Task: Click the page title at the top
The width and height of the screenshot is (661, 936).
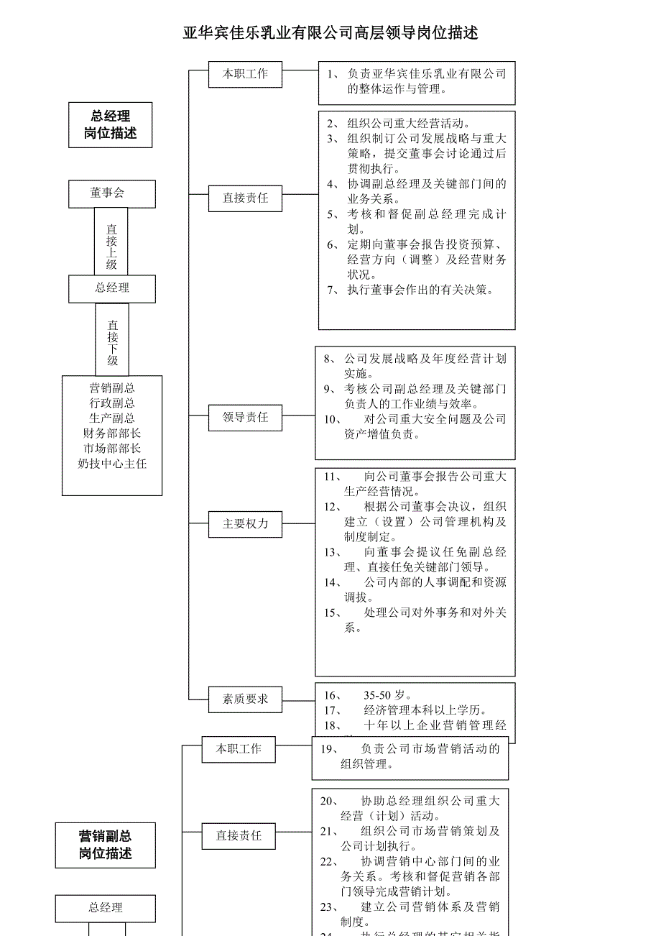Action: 330,33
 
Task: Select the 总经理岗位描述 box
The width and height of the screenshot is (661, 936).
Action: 110,125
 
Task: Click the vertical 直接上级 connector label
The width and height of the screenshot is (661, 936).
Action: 111,247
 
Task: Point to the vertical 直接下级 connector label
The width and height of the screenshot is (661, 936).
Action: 112,343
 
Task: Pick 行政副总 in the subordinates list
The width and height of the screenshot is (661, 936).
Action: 112,403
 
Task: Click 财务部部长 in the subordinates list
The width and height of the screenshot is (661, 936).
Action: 112,433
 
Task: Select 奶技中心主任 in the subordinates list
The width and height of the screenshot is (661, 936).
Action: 112,464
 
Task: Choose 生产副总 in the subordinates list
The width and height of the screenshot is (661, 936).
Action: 112,418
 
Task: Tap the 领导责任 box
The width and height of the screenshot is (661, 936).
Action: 245,417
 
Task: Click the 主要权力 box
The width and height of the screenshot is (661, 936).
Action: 245,524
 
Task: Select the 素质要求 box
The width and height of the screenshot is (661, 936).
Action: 245,699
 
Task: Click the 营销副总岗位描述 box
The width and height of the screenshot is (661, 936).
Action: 106,845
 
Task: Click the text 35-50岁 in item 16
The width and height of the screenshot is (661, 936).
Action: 387,695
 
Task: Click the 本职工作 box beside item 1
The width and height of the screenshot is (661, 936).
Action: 245,74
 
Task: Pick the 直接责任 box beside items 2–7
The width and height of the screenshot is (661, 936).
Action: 245,198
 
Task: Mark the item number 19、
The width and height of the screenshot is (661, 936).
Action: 328,749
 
